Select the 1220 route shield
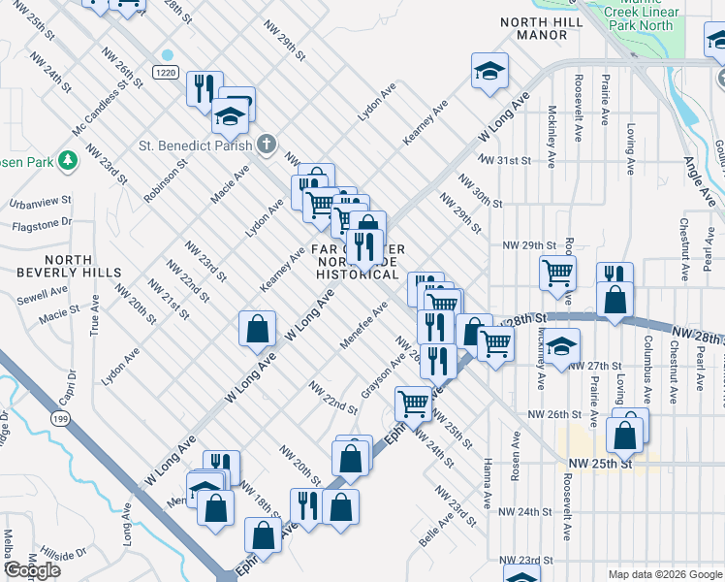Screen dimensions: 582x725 [x=167, y=72]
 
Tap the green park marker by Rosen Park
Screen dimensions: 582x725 [x=67, y=159]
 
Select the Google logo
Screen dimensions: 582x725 [x=32, y=570]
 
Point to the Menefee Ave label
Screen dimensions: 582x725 [x=364, y=325]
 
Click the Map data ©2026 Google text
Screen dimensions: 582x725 [x=666, y=574]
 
